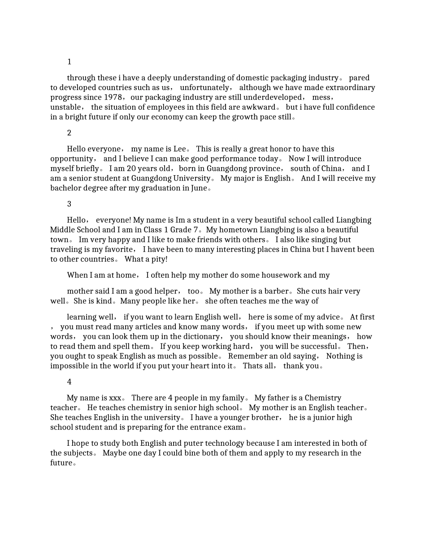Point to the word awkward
click(260, 107)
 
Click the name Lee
click(179, 149)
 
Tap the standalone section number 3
click(69, 204)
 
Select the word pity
click(157, 259)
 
